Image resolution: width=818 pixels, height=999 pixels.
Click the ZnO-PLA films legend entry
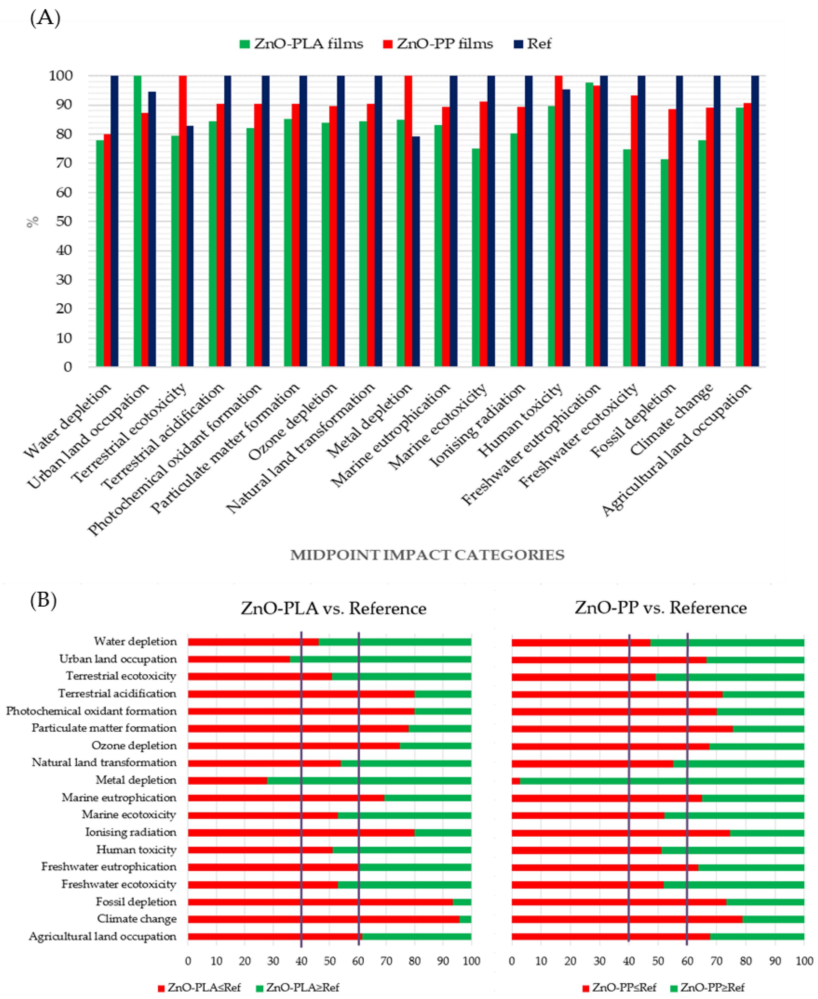coord(302,44)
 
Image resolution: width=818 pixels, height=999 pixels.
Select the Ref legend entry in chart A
coord(532,44)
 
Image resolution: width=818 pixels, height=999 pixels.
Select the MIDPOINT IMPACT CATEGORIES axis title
coord(427,555)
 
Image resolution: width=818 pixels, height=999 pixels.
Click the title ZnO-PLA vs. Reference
coord(333,608)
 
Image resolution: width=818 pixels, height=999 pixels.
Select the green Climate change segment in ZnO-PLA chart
coord(465,919)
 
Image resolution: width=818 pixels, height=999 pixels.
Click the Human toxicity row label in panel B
coord(136,850)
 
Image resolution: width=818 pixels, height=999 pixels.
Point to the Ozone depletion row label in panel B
coord(134,746)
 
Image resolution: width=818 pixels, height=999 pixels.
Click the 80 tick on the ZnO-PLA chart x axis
coord(415,961)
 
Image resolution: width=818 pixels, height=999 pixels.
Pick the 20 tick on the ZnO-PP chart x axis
coord(570,961)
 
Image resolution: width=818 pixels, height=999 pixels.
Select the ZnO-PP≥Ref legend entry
coord(707,987)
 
